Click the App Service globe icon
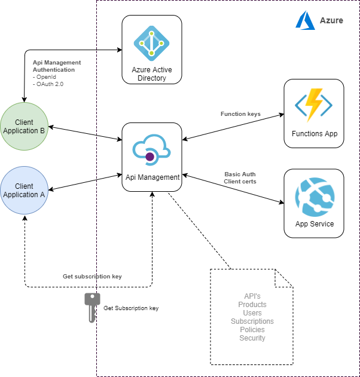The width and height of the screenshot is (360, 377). pyautogui.click(x=315, y=197)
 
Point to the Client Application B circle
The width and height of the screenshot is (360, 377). pyautogui.click(x=24, y=127)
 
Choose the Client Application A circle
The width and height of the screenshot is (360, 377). pyautogui.click(x=24, y=191)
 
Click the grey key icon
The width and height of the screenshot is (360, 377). pyautogui.click(x=91, y=307)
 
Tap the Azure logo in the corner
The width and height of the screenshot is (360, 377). pyautogui.click(x=305, y=20)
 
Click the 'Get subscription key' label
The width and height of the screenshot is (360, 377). pyautogui.click(x=92, y=277)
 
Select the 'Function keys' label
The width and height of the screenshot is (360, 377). pyautogui.click(x=240, y=114)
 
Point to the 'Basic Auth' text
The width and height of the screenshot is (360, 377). pyautogui.click(x=240, y=174)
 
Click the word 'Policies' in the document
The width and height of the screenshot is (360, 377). pyautogui.click(x=252, y=330)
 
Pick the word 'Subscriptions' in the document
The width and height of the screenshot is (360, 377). pyautogui.click(x=252, y=321)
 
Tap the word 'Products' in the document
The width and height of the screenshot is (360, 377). pyautogui.click(x=252, y=305)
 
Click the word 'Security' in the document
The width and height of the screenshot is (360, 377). pyautogui.click(x=252, y=338)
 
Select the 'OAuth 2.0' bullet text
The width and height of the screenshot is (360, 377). pyautogui.click(x=49, y=84)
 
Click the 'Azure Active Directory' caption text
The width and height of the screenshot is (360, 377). pyautogui.click(x=152, y=74)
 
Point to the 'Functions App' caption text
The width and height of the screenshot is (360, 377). pyautogui.click(x=315, y=134)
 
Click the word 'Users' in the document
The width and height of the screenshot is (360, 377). pyautogui.click(x=252, y=313)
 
